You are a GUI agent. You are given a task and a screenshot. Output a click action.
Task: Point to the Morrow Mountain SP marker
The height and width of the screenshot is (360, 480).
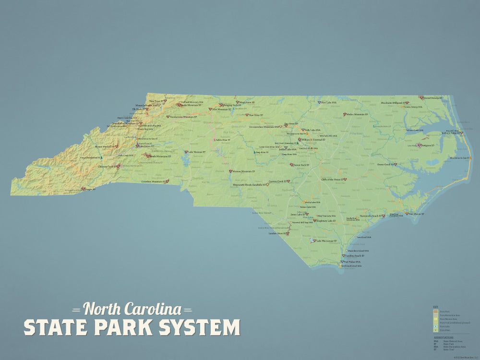pyautogui.click(x=230, y=171)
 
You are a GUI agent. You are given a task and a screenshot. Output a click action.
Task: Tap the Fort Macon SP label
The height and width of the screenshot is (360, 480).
pyautogui.click(x=417, y=214)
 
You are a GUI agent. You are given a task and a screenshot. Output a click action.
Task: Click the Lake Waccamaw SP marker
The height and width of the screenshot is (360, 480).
pyautogui.click(x=313, y=241)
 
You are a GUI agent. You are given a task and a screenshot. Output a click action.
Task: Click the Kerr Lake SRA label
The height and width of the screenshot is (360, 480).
pyautogui.click(x=329, y=102)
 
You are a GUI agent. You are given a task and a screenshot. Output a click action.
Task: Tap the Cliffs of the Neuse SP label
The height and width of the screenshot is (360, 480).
pyautogui.click(x=331, y=179)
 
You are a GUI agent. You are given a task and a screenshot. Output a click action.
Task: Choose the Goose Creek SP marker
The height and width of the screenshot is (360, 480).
pyautogui.click(x=396, y=165)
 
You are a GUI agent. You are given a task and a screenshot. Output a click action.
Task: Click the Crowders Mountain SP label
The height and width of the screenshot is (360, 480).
pyautogui.click(x=153, y=181)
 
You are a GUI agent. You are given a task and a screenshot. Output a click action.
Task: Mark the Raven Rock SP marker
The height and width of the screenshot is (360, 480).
pyautogui.click(x=291, y=165)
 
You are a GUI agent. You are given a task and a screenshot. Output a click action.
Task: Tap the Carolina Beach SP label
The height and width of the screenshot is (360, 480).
pyautogui.click(x=357, y=256)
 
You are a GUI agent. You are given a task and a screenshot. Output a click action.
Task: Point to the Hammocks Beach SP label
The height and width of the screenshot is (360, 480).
pyautogui.click(x=371, y=216)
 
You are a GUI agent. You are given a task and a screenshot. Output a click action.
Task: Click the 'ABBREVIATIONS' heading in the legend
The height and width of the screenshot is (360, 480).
pyautogui.click(x=444, y=337)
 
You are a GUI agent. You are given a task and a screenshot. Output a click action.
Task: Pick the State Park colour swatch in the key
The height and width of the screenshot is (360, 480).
pyautogui.click(x=436, y=312)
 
